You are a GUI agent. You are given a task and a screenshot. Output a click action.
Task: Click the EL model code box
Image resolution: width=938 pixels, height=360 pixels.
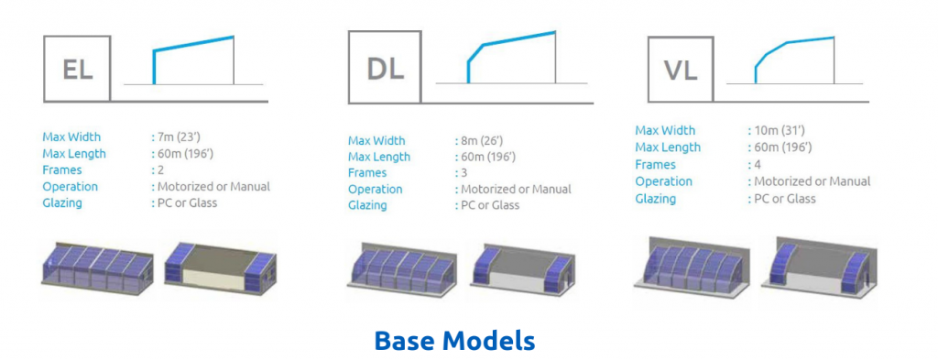click(77, 69)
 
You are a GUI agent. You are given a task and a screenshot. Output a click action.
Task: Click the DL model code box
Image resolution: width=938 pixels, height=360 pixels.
click(385, 69)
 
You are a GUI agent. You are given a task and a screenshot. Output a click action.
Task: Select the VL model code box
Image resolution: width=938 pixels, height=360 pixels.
click(681, 70)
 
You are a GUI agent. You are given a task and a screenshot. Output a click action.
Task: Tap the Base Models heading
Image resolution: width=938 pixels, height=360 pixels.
click(454, 341)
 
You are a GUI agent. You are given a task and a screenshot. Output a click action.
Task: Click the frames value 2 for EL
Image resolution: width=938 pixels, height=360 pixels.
click(158, 169)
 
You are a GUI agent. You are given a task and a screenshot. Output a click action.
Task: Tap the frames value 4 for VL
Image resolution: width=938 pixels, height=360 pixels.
click(754, 164)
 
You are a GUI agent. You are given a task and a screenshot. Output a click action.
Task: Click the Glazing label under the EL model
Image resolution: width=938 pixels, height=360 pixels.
click(61, 202)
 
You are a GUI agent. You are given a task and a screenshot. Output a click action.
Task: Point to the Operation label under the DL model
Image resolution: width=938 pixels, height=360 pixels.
click(376, 189)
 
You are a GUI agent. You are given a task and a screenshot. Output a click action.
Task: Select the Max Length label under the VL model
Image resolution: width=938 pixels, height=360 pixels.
click(668, 147)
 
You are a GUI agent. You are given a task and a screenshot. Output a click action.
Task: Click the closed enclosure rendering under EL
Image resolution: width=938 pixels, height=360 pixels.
click(95, 266)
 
